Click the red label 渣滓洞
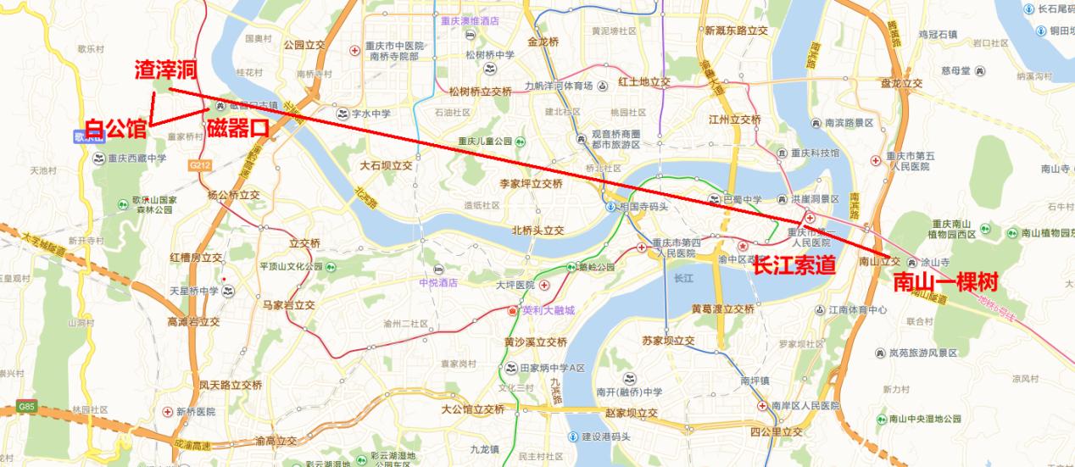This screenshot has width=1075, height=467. [x=166, y=69]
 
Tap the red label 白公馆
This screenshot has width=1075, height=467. [x=116, y=129]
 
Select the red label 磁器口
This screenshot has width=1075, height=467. [x=237, y=129]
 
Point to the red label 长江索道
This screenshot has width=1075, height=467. [x=794, y=265]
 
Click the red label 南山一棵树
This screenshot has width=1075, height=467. [x=945, y=282]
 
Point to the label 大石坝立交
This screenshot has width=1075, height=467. [x=386, y=165]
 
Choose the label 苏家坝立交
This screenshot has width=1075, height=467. [x=668, y=342]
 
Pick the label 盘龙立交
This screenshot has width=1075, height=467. [x=901, y=83]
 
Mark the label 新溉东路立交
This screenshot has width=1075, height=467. [x=736, y=31]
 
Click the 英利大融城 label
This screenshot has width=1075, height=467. [x=548, y=310]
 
